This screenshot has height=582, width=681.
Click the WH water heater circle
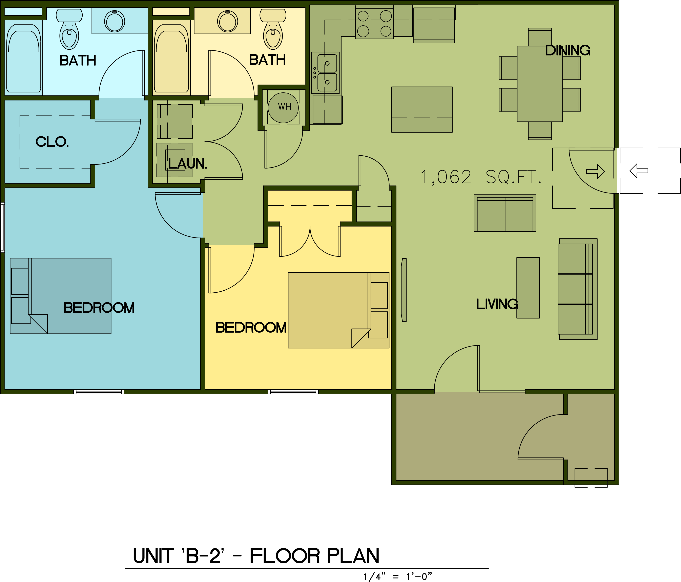[283, 107]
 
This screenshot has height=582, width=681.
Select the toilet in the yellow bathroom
[273, 29]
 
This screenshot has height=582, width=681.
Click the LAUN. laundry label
[187, 163]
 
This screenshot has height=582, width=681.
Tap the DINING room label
[568, 50]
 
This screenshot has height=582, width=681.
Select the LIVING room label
[497, 304]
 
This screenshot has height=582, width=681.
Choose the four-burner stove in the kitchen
[374, 23]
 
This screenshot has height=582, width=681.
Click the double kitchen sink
[327, 73]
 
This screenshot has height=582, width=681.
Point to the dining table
[540, 84]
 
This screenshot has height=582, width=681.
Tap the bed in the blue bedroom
[60, 296]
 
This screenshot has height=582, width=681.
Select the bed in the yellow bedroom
[338, 310]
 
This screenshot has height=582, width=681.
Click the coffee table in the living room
[528, 288]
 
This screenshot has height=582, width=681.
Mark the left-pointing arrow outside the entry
[639, 171]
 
